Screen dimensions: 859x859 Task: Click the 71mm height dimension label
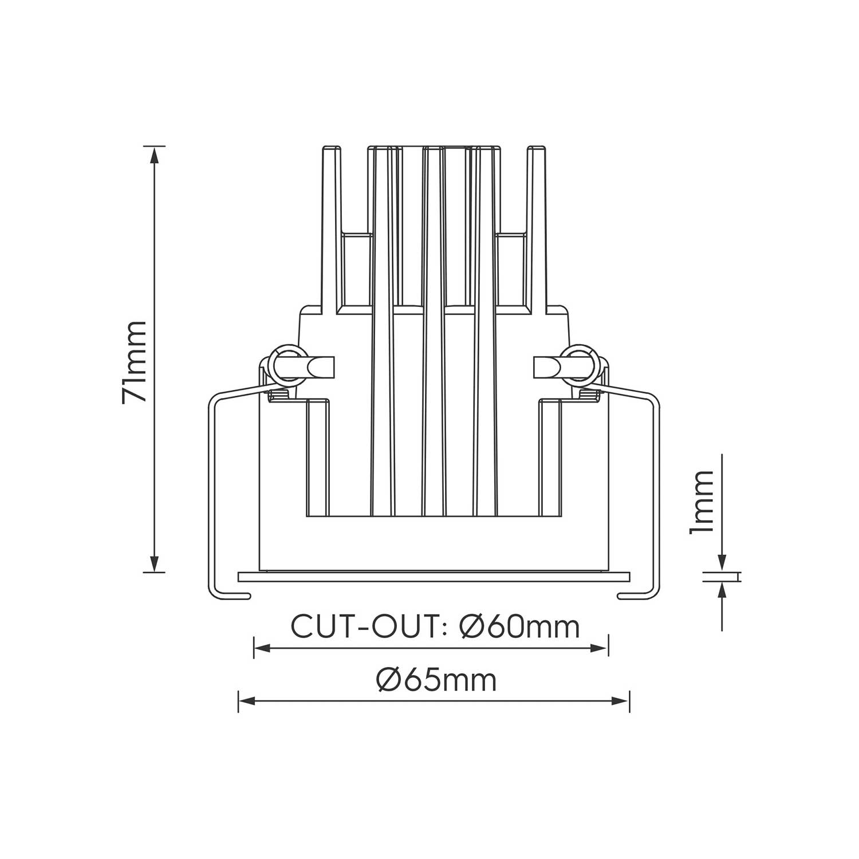coord(135,362)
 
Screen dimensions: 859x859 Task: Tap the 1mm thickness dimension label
coord(702,502)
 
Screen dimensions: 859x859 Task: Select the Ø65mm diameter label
coord(436,680)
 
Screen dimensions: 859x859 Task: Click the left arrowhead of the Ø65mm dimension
coord(247,700)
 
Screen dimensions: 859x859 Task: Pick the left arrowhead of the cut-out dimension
coord(262,648)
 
